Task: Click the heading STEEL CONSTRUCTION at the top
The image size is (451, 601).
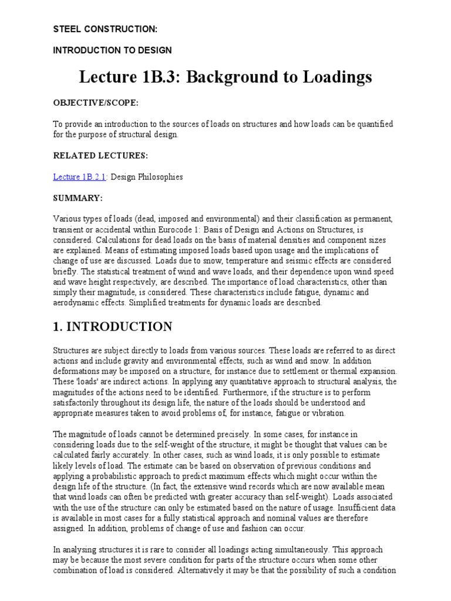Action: [105, 28]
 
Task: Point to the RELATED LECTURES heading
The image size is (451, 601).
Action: [100, 156]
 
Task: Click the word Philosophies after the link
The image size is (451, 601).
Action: [160, 177]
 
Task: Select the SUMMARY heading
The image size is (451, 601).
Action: [78, 198]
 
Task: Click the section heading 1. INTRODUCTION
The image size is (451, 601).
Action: [112, 327]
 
